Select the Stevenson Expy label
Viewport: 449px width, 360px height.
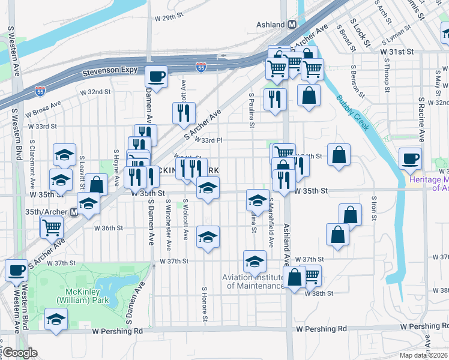pos(106,73)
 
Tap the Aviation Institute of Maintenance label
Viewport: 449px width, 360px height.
pos(253,281)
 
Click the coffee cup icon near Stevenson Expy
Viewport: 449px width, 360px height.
pos(157,77)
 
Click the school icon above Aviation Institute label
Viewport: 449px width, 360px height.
pos(255,261)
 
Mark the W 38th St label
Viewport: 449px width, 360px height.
pos(318,293)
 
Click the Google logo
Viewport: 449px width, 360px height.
pos(20,353)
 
